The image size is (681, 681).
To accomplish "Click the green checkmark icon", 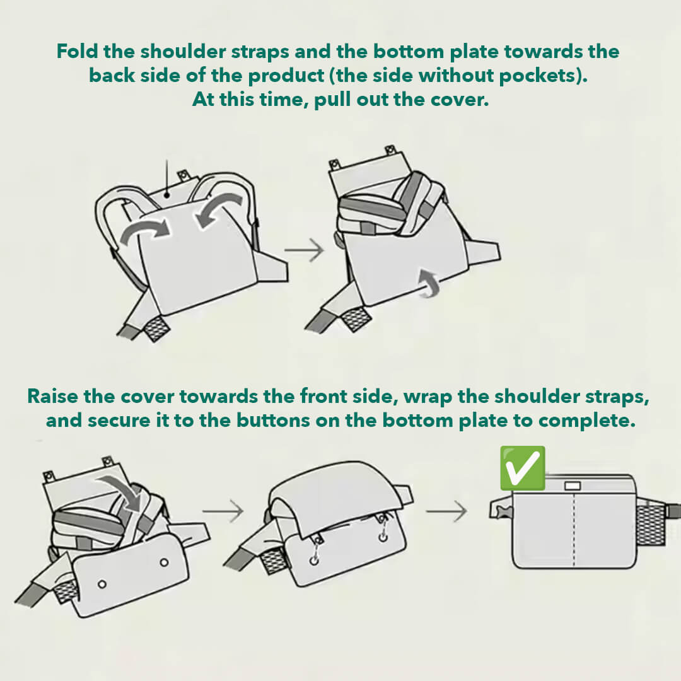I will [x=522, y=468].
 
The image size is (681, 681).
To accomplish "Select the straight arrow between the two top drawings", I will [x=303, y=251].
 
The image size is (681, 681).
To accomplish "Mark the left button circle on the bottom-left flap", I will [x=102, y=584].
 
